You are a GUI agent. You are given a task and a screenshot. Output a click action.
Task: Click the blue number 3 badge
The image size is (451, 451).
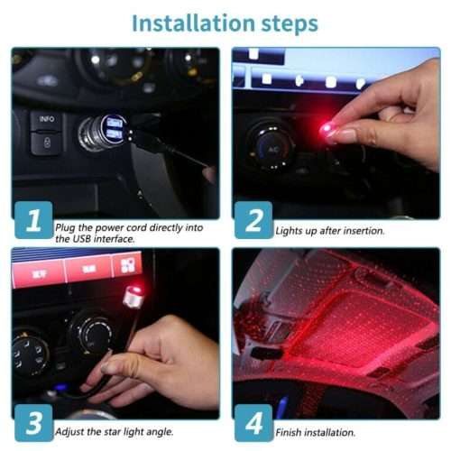pyautogui.click(x=32, y=424)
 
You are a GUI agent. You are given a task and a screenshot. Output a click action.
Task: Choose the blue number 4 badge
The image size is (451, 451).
pyautogui.click(x=253, y=424)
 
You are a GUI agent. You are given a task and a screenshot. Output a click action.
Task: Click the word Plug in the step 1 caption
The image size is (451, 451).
pyautogui.click(x=65, y=228)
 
